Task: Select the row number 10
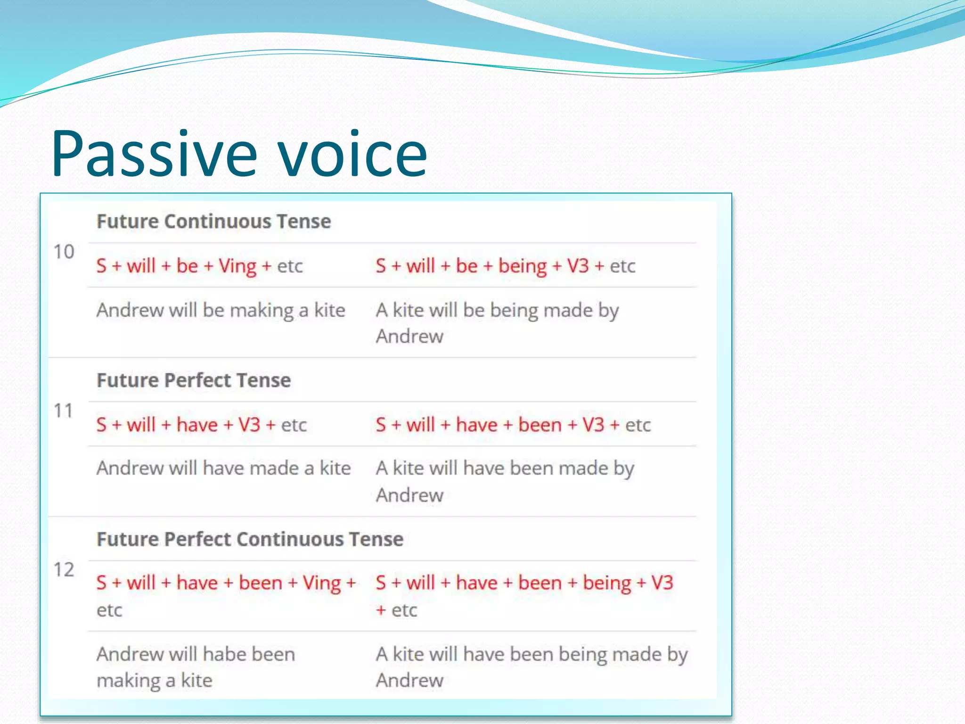click(64, 252)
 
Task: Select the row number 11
click(63, 411)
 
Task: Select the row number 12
click(64, 569)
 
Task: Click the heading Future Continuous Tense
click(213, 222)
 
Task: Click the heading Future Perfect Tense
click(194, 380)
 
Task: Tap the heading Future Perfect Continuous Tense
click(250, 539)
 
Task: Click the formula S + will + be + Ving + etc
click(199, 266)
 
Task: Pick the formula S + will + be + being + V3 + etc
click(505, 266)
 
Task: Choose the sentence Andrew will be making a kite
click(221, 311)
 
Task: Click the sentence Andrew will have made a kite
click(223, 469)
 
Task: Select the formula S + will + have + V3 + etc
click(201, 425)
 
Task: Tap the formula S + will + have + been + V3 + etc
click(513, 425)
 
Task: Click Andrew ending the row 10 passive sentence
click(409, 337)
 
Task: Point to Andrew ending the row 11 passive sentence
click(409, 495)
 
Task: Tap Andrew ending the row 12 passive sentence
click(409, 681)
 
